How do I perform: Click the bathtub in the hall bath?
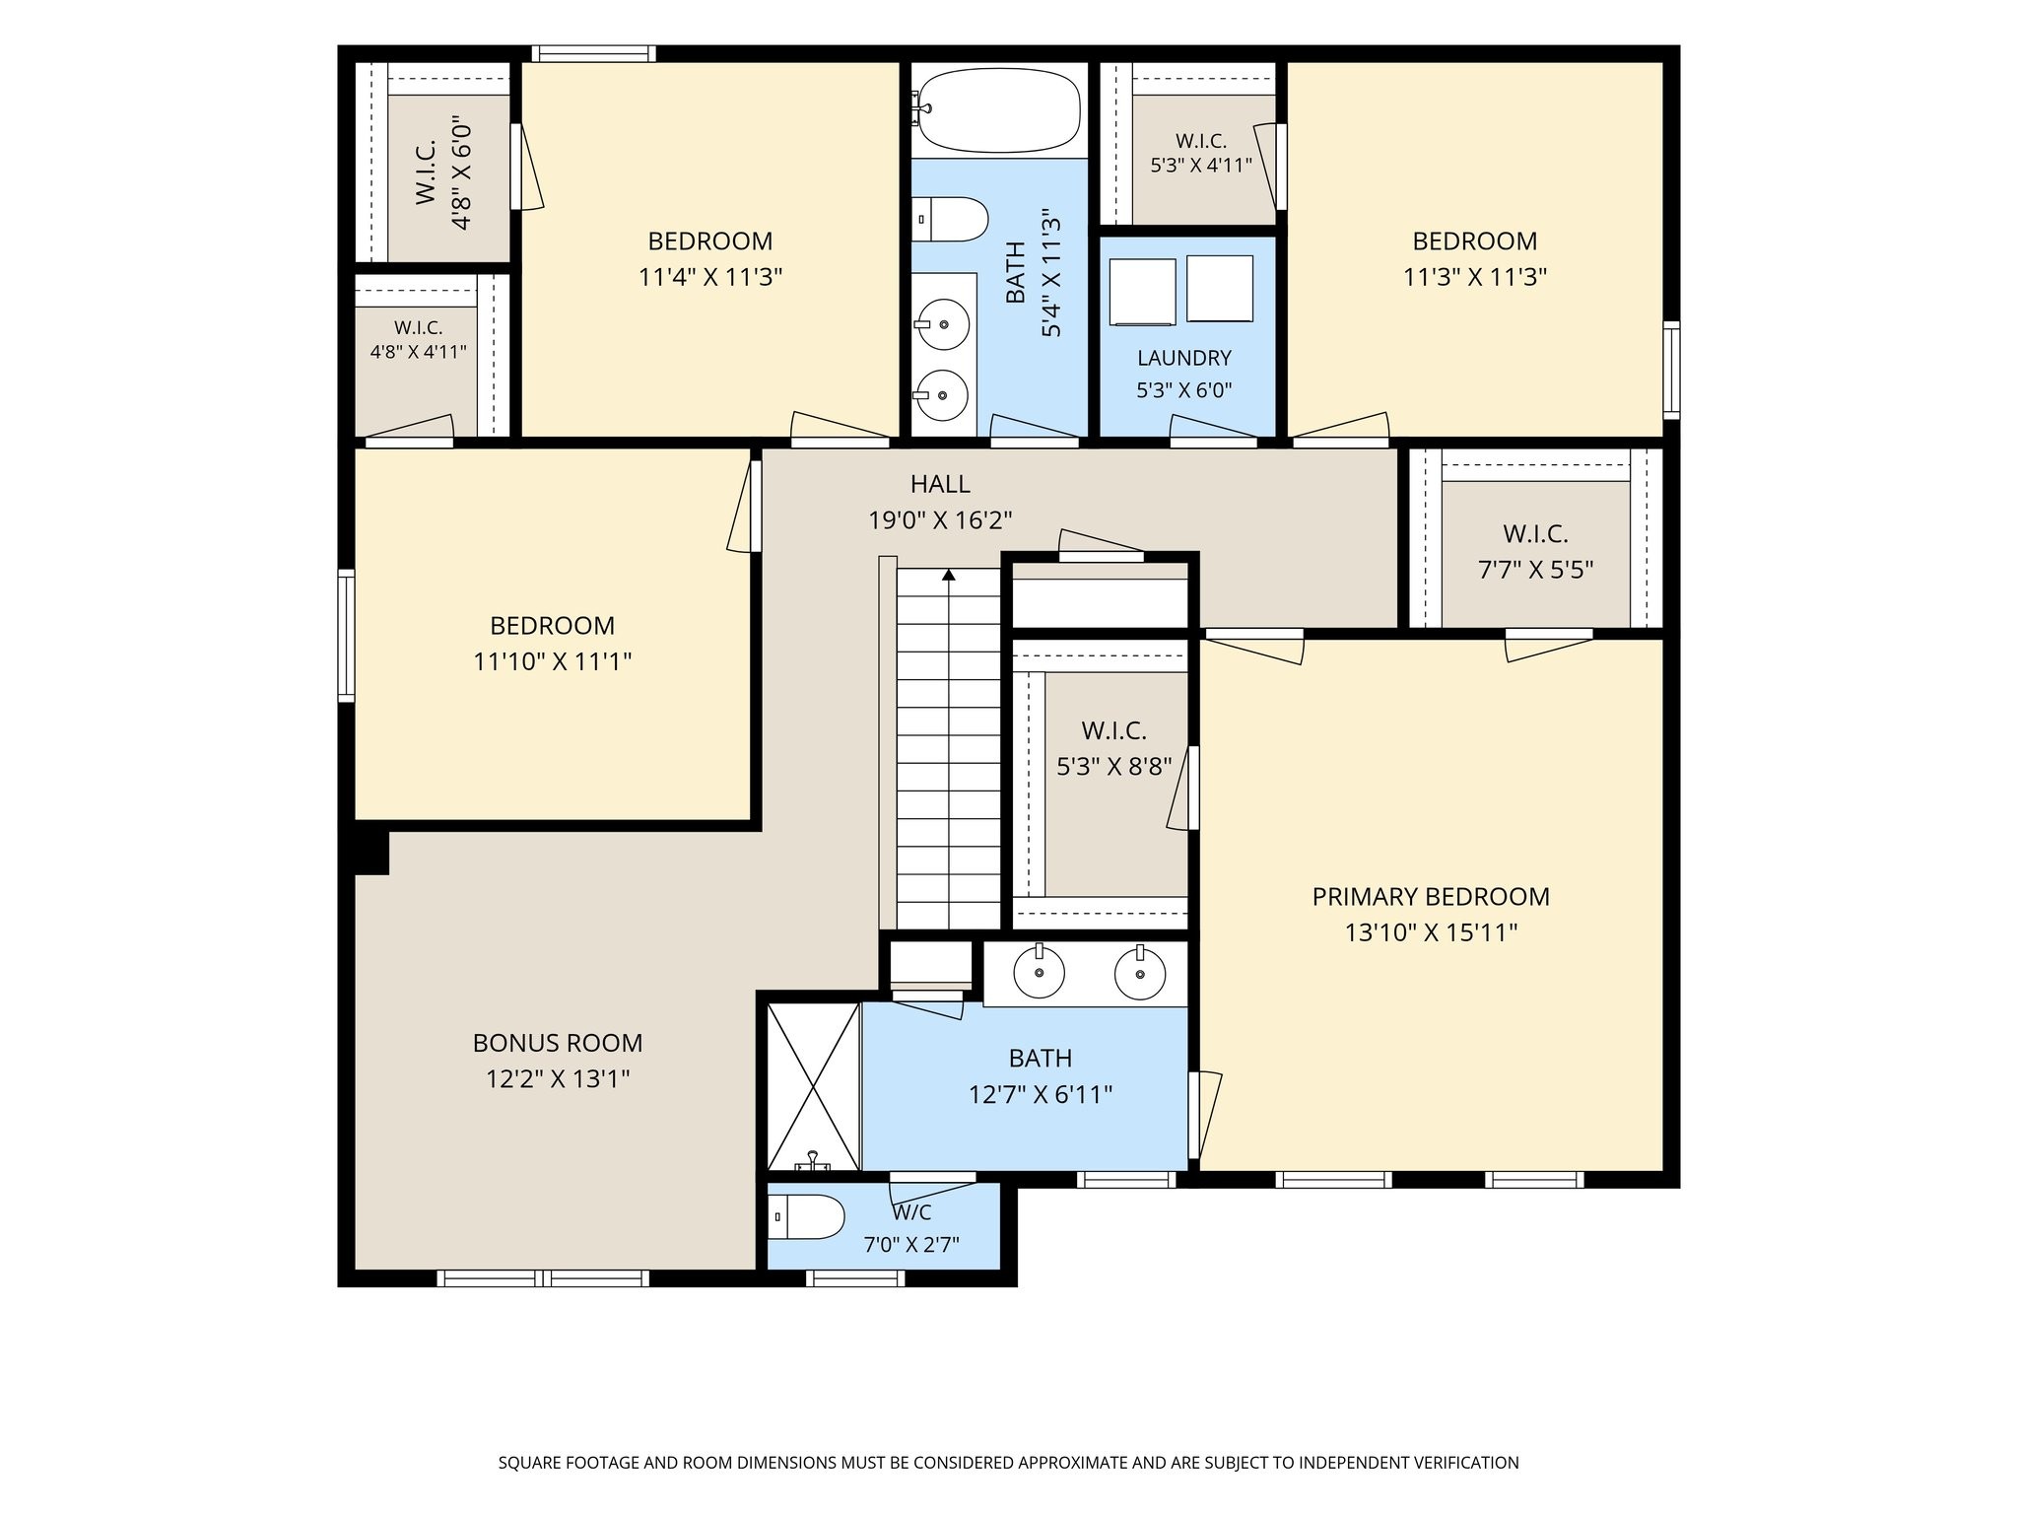tap(999, 109)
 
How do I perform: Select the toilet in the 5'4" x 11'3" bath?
tap(950, 219)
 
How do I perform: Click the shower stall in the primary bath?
tap(813, 1087)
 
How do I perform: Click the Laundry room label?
tap(1184, 358)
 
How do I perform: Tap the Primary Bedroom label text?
tap(1431, 897)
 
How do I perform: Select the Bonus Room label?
tap(558, 1043)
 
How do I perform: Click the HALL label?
tap(940, 484)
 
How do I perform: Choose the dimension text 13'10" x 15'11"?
tap(1431, 932)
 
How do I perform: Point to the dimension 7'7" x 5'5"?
tap(1536, 570)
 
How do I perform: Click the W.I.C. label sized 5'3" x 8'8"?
tap(1114, 731)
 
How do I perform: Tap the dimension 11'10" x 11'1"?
tap(553, 661)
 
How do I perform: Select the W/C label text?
tap(912, 1213)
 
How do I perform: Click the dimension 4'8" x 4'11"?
tap(419, 351)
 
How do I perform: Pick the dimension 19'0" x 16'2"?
tap(940, 519)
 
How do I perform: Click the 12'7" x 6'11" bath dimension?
tap(1041, 1094)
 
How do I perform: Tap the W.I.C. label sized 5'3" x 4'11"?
tap(1201, 141)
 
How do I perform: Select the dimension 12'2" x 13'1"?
tap(558, 1079)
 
